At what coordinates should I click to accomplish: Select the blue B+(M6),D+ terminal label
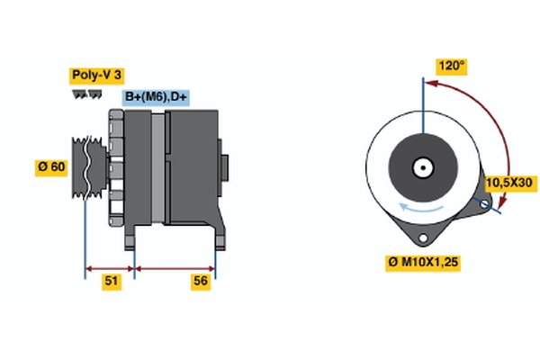coord(156,97)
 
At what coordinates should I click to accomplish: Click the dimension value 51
coord(111,282)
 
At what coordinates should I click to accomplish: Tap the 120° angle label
coord(451,66)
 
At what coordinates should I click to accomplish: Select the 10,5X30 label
coord(508,183)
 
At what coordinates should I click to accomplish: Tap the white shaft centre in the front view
coord(421,167)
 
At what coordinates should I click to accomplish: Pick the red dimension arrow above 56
coord(175,267)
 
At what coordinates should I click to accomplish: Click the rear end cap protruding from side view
coord(224,167)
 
